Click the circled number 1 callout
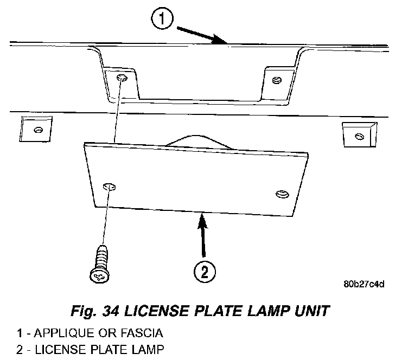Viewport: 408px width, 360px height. click(x=162, y=20)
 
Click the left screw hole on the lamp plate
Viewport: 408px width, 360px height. click(x=109, y=187)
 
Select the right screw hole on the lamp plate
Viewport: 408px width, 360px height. click(x=281, y=194)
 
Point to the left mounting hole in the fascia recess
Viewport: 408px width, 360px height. click(x=122, y=79)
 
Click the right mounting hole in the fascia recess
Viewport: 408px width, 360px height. click(x=276, y=81)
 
